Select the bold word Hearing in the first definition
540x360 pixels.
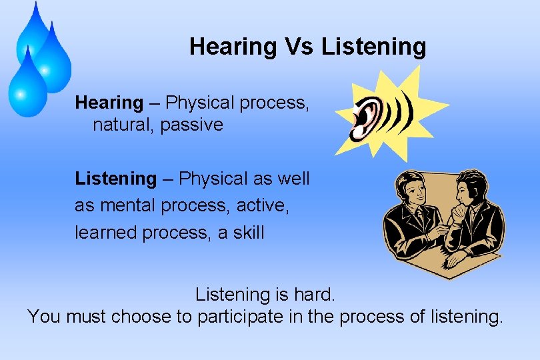click(x=109, y=103)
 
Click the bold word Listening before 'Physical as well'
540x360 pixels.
click(x=115, y=179)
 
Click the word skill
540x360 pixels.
click(x=249, y=233)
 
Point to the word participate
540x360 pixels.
click(x=241, y=316)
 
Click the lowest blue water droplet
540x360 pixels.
click(x=27, y=87)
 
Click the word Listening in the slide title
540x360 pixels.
click(x=373, y=47)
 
